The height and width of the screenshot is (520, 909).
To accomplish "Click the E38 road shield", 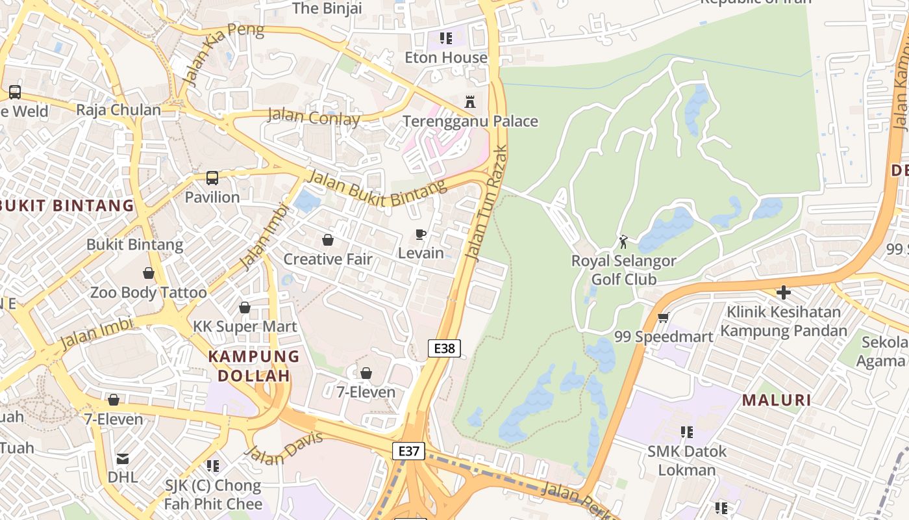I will (444, 348).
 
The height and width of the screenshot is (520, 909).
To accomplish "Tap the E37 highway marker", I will (408, 451).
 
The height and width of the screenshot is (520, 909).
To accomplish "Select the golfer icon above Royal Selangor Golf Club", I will (623, 242).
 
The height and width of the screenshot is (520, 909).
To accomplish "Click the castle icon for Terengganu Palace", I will (470, 102).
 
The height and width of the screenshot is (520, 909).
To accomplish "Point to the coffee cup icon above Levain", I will (421, 234).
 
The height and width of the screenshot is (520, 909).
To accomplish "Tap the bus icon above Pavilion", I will (212, 177).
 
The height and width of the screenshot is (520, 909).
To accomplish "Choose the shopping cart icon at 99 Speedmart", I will (663, 317).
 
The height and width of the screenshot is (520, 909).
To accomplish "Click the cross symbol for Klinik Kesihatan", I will (783, 292).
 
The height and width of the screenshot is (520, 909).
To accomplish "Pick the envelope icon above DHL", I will (123, 459).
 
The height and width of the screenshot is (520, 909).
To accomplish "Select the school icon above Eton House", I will (445, 38).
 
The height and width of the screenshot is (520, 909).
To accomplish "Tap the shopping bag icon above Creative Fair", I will (328, 240).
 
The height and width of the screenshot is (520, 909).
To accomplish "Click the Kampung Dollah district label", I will (254, 366).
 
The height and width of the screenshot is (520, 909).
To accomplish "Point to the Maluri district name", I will (777, 400).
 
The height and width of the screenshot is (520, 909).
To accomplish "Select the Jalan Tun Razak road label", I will (487, 203).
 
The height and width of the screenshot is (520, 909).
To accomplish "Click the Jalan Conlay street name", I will (314, 117).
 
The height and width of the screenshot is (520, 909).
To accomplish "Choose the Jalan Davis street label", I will (284, 448).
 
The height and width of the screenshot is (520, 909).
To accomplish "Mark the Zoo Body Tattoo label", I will (148, 292).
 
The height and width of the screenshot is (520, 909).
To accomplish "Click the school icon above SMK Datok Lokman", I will (686, 432).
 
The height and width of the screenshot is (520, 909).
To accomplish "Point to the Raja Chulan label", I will (118, 110).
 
